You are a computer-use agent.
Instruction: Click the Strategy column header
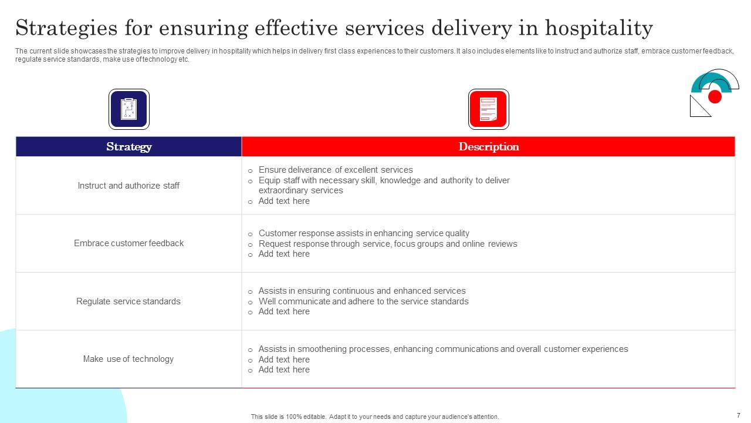(x=128, y=147)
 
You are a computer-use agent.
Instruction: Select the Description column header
(x=488, y=147)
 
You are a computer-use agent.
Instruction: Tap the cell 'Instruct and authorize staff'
(x=128, y=186)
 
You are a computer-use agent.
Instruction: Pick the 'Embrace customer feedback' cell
(x=128, y=243)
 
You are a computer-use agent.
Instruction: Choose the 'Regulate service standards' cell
(x=128, y=301)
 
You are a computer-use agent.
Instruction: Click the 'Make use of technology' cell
(x=128, y=359)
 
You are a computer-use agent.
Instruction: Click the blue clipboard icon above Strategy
(x=129, y=109)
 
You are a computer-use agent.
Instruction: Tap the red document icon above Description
(x=488, y=109)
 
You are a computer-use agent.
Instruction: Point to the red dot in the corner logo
(x=715, y=97)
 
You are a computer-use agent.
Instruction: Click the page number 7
(x=738, y=415)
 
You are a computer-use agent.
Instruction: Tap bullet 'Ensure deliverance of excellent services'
(x=336, y=170)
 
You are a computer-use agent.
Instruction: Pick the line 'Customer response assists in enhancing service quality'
(x=364, y=233)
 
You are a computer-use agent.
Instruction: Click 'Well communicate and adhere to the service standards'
(x=363, y=301)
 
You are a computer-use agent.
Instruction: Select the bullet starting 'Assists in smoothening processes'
(x=443, y=349)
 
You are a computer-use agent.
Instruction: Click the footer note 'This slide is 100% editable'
(x=375, y=417)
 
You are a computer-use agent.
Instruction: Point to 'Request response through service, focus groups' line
(x=388, y=244)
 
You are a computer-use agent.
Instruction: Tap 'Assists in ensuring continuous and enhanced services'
(x=362, y=291)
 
